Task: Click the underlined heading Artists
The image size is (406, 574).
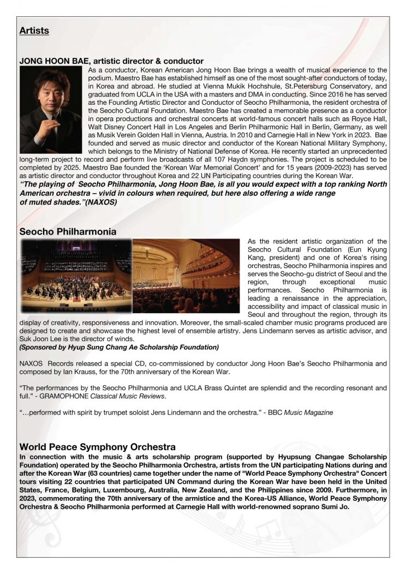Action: point(34,31)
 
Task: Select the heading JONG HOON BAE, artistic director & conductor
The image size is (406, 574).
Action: point(111,61)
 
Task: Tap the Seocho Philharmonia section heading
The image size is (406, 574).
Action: point(68,231)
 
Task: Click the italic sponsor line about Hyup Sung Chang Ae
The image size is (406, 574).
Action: point(119,347)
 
